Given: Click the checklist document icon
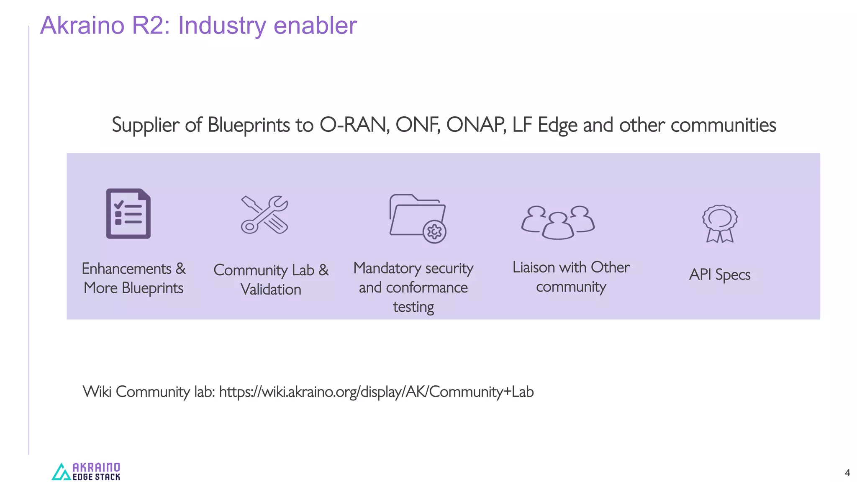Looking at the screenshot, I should [x=128, y=213].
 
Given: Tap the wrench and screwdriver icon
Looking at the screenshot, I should [x=264, y=215].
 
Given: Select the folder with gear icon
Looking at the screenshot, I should [x=417, y=218].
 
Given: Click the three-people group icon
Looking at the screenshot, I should [x=558, y=222].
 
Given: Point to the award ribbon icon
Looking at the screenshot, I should [x=720, y=223].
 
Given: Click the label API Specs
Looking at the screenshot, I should [x=720, y=274].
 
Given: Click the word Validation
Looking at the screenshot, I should [x=271, y=290].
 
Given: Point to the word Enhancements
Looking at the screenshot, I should [x=126, y=269].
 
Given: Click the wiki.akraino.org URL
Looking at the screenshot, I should [x=376, y=392].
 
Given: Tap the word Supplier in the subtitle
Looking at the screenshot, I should [x=145, y=125].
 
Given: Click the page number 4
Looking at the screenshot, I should [x=847, y=473].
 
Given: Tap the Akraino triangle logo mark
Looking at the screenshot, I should [x=61, y=472].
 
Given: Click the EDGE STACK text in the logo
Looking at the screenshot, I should [x=96, y=477].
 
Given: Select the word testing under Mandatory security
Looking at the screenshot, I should [x=413, y=307].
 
